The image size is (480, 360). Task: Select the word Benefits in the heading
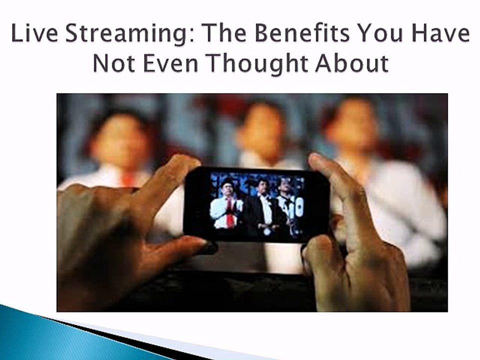tap(301, 33)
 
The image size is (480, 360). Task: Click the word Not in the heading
tap(113, 63)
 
